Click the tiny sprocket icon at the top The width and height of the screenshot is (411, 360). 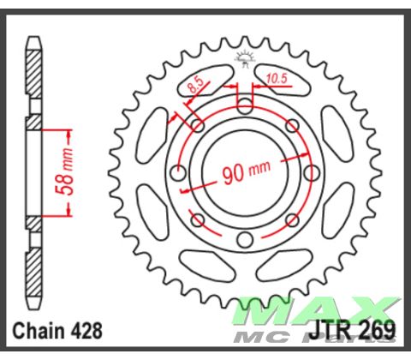pos(244,58)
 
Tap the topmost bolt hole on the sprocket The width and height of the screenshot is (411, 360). pos(245,105)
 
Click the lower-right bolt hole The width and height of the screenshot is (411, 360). pos(292,219)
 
